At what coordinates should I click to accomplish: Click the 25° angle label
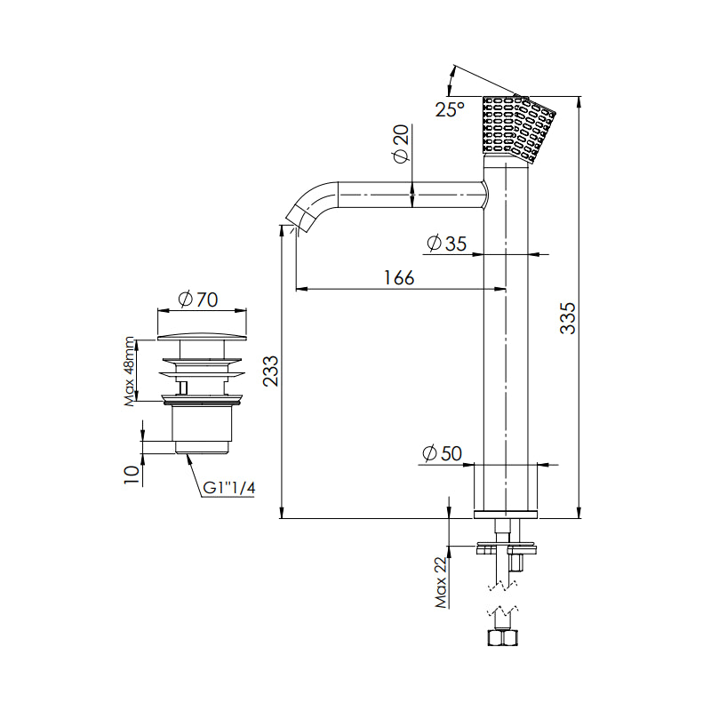[450, 109]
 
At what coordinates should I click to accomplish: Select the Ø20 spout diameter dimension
[401, 143]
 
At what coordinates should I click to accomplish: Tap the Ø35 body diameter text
[447, 244]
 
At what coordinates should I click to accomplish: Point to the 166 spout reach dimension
[399, 277]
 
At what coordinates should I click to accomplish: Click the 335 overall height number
[567, 318]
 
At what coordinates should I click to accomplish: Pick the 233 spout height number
[271, 371]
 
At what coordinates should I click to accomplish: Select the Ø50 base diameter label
[442, 453]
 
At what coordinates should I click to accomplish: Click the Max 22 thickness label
[441, 582]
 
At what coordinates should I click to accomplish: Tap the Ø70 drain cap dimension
[197, 300]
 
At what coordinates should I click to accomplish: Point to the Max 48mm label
[130, 371]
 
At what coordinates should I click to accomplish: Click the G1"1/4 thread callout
[229, 488]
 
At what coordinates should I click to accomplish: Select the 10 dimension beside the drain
[132, 475]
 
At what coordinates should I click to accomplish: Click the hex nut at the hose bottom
[502, 637]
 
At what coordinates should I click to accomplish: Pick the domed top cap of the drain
[202, 338]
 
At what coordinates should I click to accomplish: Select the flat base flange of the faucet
[505, 515]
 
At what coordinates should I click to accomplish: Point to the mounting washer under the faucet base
[507, 543]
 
